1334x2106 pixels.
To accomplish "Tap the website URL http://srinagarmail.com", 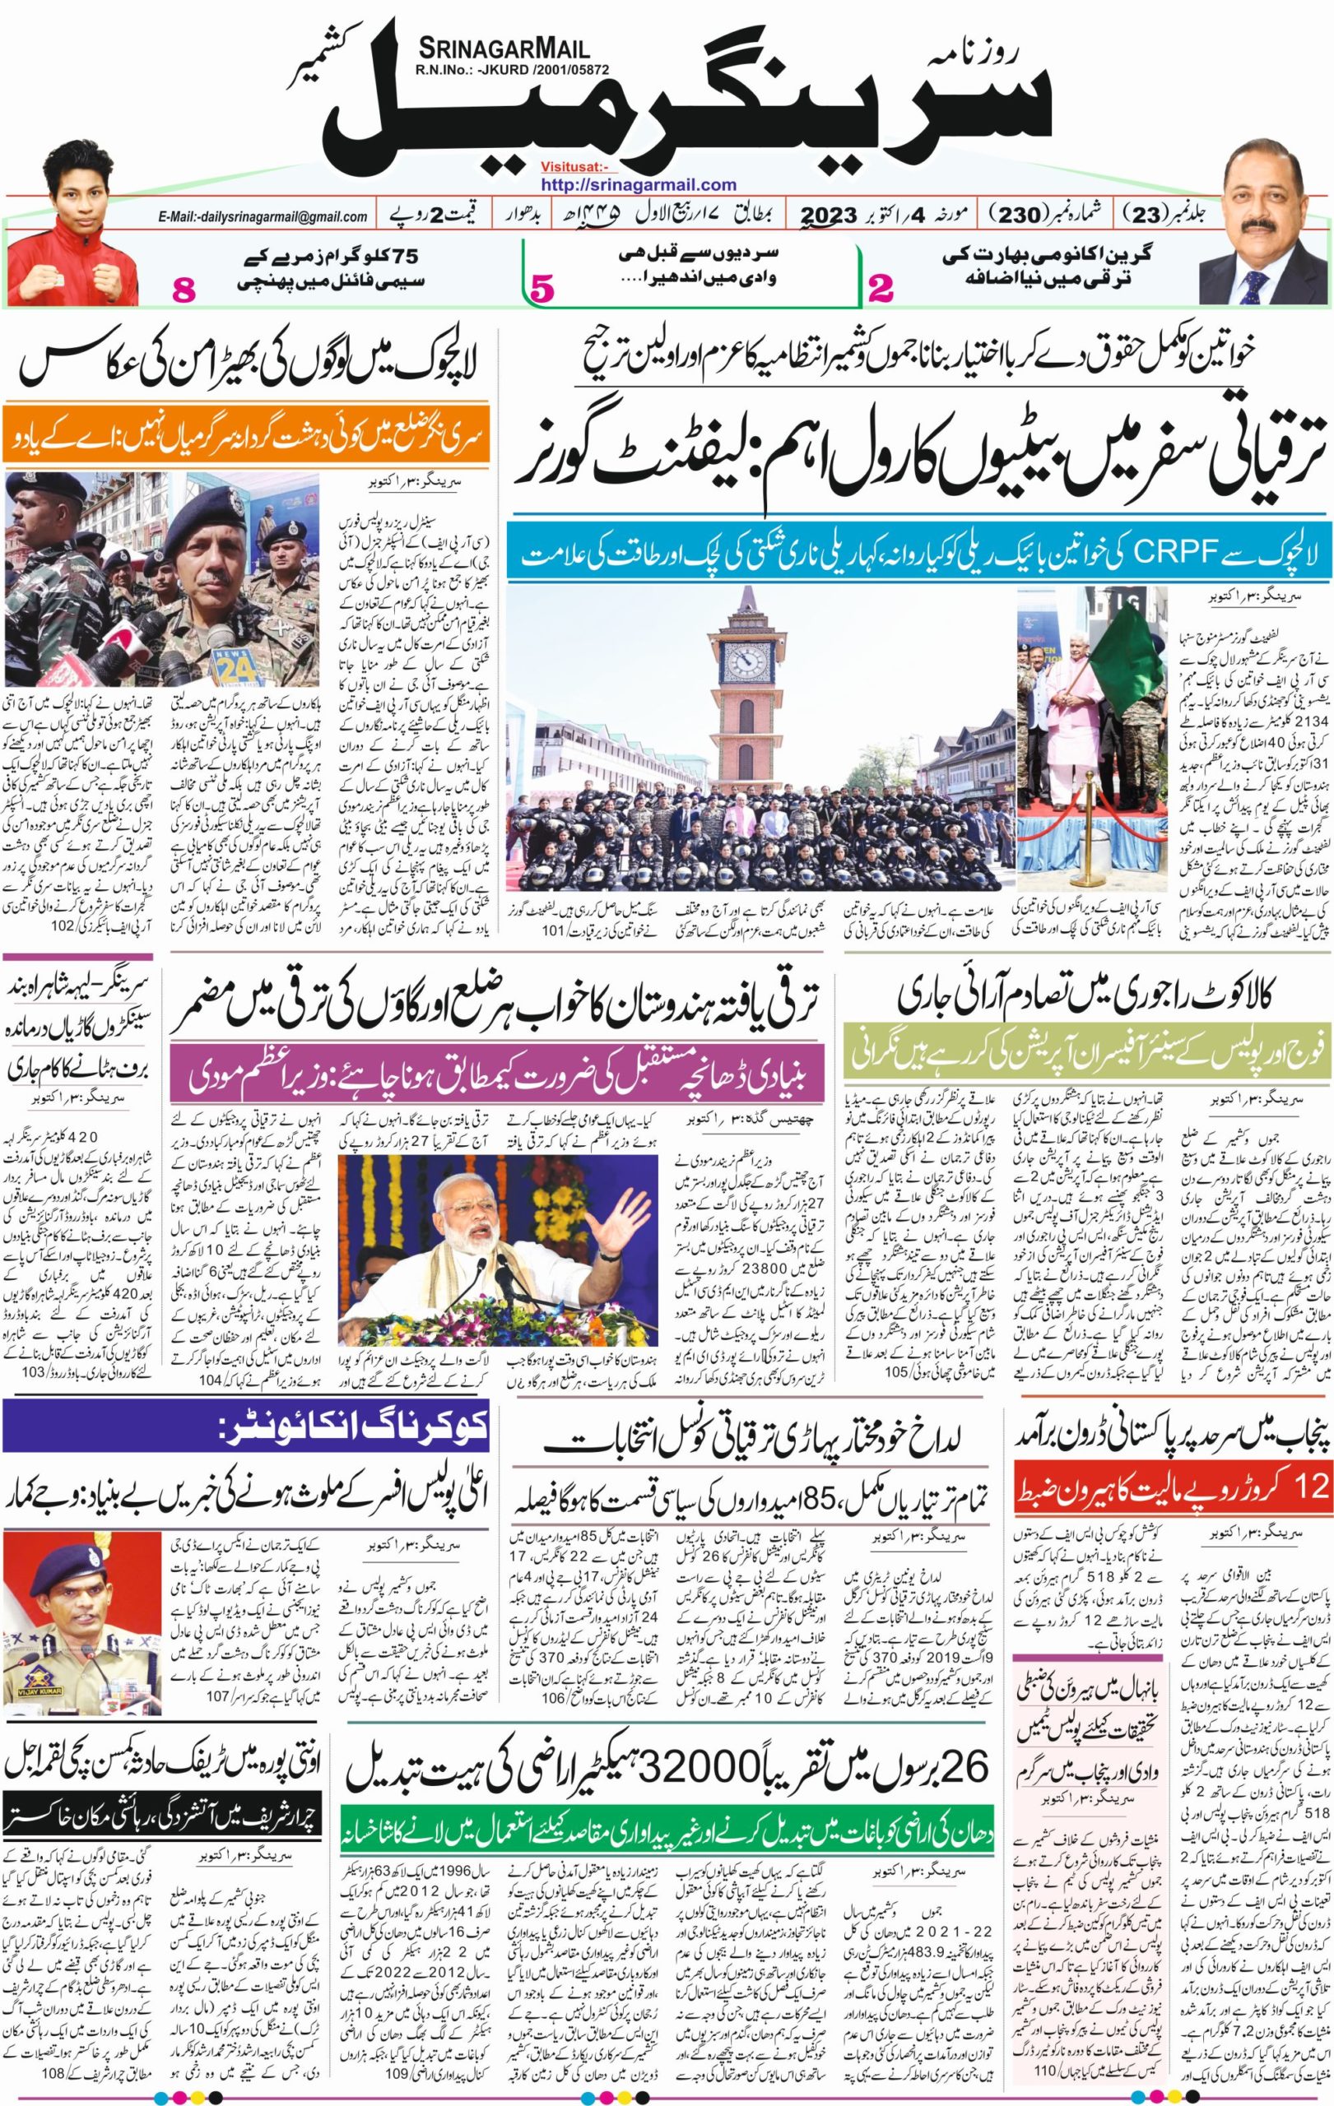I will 638,184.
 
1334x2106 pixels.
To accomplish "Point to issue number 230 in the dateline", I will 1020,213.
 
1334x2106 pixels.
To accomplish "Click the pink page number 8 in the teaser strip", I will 185,290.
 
